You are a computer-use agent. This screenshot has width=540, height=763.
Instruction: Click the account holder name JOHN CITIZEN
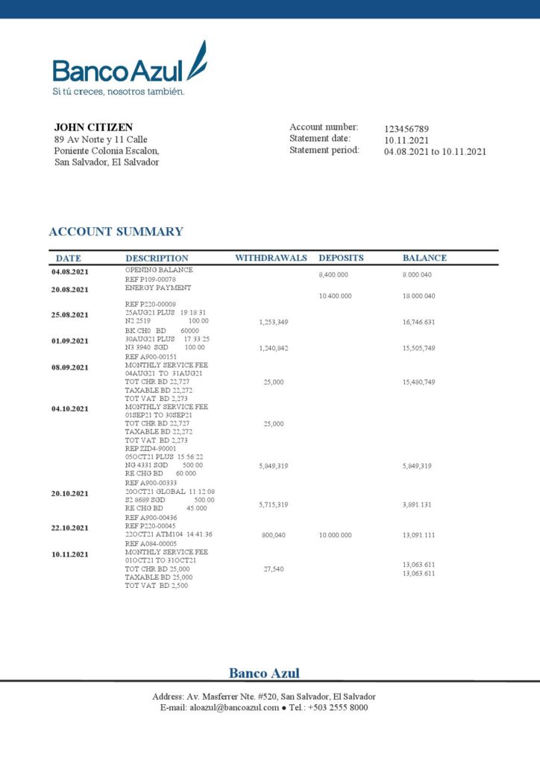coord(93,127)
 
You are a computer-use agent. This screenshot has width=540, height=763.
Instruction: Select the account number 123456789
coord(406,129)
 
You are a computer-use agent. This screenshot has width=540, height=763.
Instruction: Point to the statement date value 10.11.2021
coord(406,140)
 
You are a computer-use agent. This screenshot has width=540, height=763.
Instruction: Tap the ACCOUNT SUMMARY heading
coord(116,232)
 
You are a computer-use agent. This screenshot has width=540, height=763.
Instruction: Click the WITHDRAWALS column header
coord(271,258)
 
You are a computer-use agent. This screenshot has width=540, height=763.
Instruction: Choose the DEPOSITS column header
coord(341,258)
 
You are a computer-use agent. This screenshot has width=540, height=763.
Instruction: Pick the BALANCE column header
coord(424,258)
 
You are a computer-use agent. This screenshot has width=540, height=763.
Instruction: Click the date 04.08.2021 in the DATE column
coord(69,272)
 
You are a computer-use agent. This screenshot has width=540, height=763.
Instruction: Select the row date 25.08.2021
coord(69,315)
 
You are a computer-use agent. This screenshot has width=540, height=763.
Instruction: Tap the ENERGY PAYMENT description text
coord(158,288)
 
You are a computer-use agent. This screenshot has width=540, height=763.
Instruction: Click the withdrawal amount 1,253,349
coord(274,322)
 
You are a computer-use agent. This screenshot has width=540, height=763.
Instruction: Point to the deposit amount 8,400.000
coord(333,275)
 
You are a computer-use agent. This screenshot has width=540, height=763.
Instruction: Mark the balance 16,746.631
coord(418,322)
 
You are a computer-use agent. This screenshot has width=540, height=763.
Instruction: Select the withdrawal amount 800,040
coord(274,535)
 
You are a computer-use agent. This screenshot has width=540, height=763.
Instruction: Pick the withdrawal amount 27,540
coord(274,569)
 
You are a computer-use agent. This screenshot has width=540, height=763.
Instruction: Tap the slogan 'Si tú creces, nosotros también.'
coord(118,92)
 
